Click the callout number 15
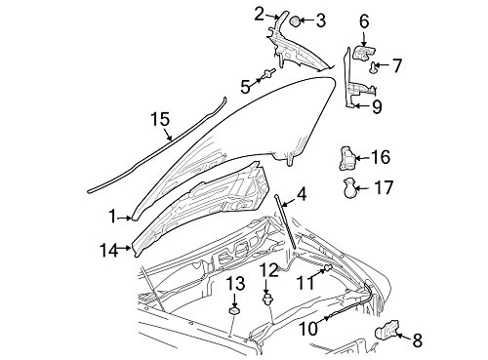[x=160, y=119]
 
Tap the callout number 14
[x=108, y=251]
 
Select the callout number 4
[x=302, y=195]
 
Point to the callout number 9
[x=377, y=106]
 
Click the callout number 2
[x=259, y=15]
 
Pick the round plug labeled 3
[x=295, y=21]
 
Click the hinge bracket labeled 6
[x=364, y=53]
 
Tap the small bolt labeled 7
[x=374, y=67]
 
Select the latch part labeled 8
[x=387, y=331]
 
